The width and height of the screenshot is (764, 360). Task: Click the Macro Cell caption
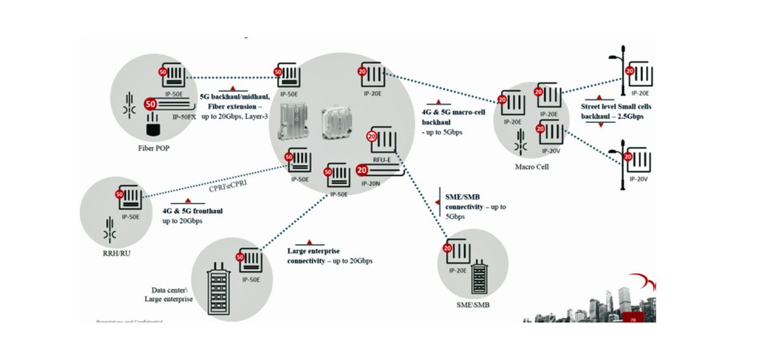532,167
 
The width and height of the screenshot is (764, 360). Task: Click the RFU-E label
381,161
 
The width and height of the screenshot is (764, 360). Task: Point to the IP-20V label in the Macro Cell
551,151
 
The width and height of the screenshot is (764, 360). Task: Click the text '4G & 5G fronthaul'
192,210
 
